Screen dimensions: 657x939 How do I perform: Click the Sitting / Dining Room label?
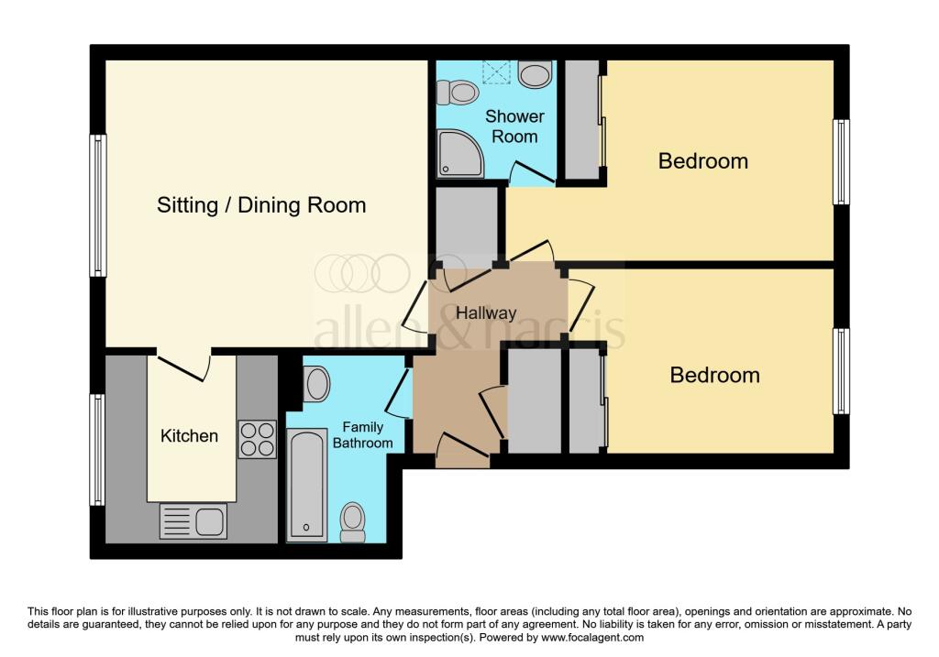coord(261,205)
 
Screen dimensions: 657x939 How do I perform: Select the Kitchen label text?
coord(190,435)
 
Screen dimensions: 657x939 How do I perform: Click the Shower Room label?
coord(514,126)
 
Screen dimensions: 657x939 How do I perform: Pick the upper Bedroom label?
coord(703,161)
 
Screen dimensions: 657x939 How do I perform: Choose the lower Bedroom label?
coord(714,375)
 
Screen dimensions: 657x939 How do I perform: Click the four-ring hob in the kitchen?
coord(257,438)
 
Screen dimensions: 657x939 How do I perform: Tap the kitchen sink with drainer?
coord(193,521)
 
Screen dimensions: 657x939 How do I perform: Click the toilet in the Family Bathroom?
coord(352,521)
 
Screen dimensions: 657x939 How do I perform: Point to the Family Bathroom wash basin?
coord(317,383)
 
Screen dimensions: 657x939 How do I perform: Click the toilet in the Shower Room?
coord(458,92)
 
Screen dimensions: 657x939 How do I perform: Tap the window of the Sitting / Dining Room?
coord(97,205)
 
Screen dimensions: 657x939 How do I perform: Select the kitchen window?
coord(97,449)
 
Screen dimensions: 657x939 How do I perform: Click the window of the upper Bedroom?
coord(841,162)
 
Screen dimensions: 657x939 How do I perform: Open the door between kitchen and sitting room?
coord(183,367)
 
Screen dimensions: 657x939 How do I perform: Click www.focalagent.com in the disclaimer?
coord(592,637)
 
